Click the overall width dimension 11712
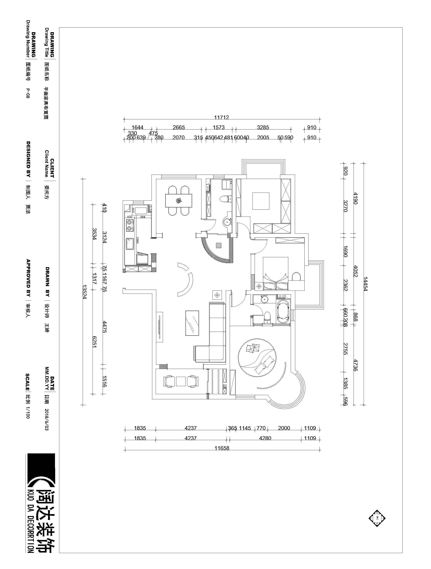click(x=221, y=117)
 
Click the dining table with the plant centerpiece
click(x=179, y=201)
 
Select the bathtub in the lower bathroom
click(x=283, y=312)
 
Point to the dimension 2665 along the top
click(x=178, y=128)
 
